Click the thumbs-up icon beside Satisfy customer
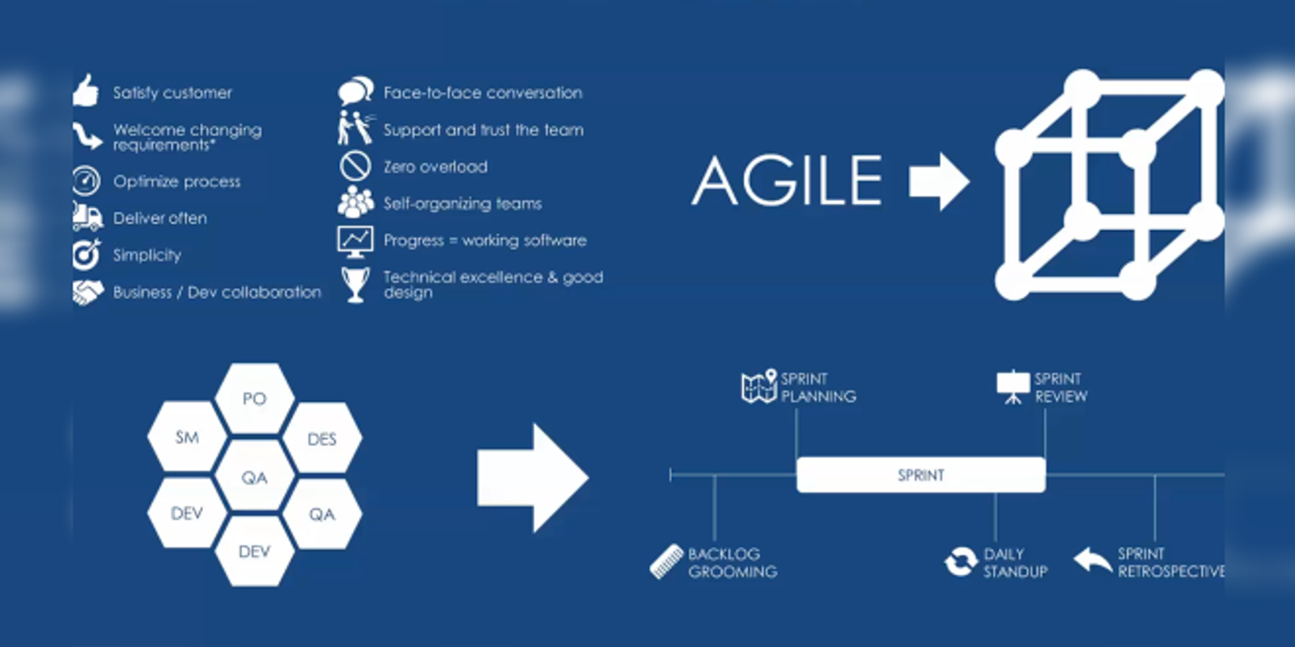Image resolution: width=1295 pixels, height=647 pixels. pyautogui.click(x=86, y=91)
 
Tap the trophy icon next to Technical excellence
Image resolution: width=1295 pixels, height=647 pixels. pyautogui.click(x=355, y=284)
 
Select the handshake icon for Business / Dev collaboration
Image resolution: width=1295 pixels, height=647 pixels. pyautogui.click(x=87, y=292)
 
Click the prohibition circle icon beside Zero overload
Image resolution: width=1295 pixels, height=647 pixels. pyautogui.click(x=355, y=166)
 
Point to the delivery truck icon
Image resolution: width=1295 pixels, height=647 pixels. pyautogui.click(x=87, y=218)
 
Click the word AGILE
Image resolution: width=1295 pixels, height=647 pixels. pyautogui.click(x=788, y=180)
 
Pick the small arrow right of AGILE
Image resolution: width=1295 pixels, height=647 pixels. pyautogui.click(x=939, y=181)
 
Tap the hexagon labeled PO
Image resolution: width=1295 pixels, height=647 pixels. pyautogui.click(x=254, y=399)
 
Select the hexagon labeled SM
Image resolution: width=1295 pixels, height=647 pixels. pyautogui.click(x=187, y=438)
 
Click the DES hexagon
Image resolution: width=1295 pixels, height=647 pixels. pyautogui.click(x=321, y=439)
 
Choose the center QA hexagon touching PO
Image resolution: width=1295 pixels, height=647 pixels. pyautogui.click(x=254, y=477)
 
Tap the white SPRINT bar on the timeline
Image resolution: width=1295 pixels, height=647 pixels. pyautogui.click(x=920, y=475)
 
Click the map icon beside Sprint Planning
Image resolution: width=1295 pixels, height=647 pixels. pyautogui.click(x=759, y=387)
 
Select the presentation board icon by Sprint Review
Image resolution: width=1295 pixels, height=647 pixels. pyautogui.click(x=1013, y=387)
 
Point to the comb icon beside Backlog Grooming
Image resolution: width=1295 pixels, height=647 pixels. pyautogui.click(x=667, y=561)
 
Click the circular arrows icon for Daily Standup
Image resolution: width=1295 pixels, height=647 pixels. pyautogui.click(x=961, y=562)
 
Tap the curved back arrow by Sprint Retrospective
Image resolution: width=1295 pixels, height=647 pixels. pyautogui.click(x=1093, y=560)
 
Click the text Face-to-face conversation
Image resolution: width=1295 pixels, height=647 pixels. pyautogui.click(x=482, y=93)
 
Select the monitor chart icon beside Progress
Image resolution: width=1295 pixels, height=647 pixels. pyautogui.click(x=355, y=240)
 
